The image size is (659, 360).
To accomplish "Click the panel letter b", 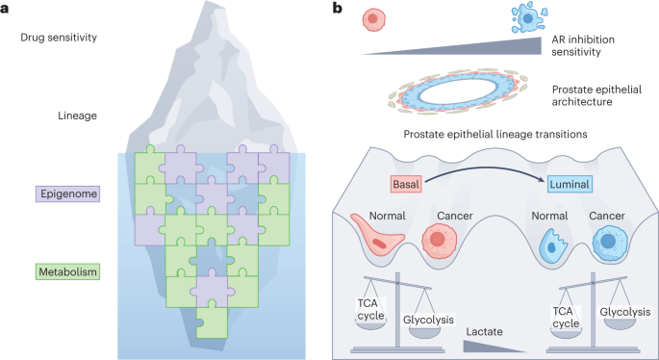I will pos(336,8).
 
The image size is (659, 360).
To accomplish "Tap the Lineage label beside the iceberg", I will pos(77,116).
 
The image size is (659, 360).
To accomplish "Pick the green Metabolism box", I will pos(68,271).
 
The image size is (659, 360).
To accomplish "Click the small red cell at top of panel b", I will pos(376,18).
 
